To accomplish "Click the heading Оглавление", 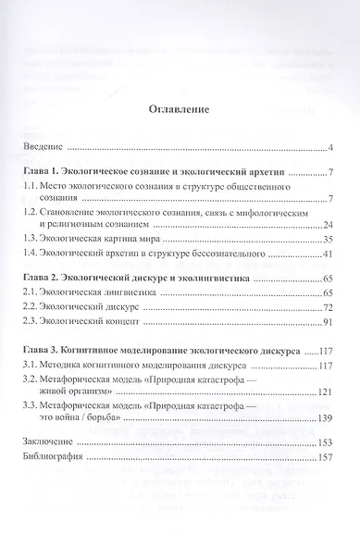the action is tap(180, 110).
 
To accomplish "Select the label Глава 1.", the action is tap(48, 175).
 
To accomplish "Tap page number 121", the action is tap(324, 392).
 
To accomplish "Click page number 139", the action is tap(324, 418).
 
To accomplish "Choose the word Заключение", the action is tap(49, 441).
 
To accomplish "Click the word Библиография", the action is tap(55, 457).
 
